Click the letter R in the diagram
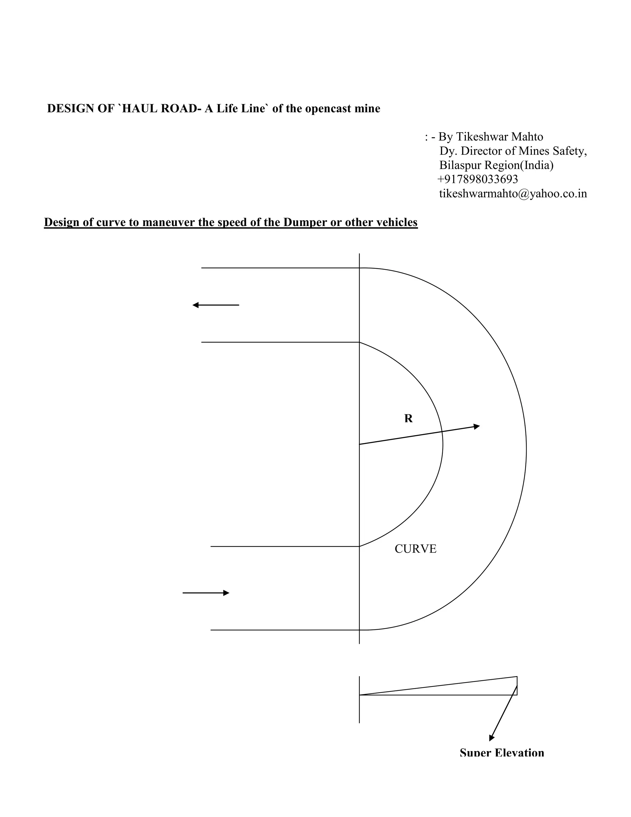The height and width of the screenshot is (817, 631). [x=408, y=419]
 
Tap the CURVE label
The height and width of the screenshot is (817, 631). [x=415, y=549]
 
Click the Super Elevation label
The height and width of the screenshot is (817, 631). [x=502, y=752]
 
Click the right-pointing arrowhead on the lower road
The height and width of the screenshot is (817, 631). [x=226, y=593]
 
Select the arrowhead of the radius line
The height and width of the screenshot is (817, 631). [x=477, y=426]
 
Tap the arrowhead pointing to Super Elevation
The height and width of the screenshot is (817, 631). [x=491, y=738]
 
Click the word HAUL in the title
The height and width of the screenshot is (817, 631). [x=140, y=109]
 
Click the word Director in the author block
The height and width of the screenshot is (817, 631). [x=481, y=151]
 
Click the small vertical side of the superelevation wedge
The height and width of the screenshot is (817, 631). [x=517, y=686]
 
